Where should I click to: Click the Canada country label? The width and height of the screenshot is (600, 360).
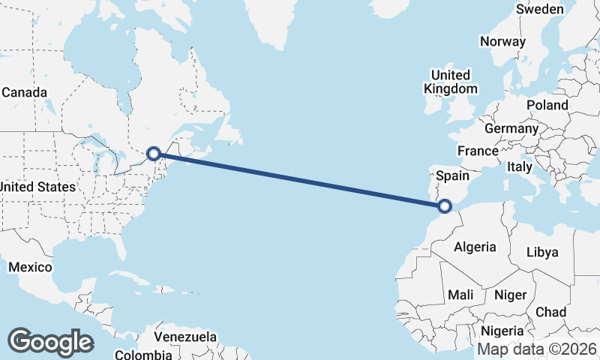24,92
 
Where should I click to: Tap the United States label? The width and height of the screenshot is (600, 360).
37,186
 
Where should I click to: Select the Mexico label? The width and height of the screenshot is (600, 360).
30,267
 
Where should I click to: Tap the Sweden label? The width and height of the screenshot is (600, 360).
540,9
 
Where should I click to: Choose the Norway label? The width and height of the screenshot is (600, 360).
502,41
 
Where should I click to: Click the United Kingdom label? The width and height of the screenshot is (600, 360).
450,82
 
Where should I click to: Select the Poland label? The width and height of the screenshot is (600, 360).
547,105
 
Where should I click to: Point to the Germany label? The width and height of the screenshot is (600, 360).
517,128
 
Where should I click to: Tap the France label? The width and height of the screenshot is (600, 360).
478,151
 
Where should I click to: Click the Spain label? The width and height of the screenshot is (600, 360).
452,176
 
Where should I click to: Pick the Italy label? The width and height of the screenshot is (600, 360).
519,166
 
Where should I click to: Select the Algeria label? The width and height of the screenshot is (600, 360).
475,247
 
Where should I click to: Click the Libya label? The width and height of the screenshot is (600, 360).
543,252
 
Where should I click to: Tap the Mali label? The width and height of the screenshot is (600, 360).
460,295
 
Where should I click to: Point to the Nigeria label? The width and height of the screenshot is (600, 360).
501,331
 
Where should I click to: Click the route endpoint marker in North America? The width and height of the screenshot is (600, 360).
154,153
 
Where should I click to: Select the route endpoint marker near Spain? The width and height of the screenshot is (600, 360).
445,205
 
